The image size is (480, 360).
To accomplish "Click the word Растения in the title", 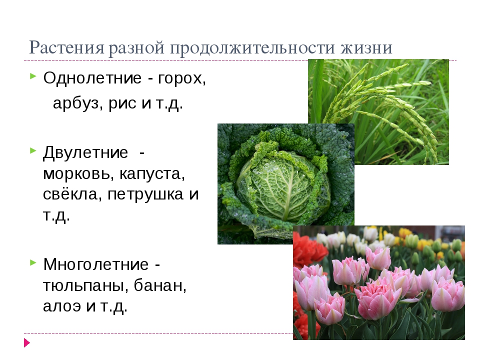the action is pyautogui.click(x=66, y=48).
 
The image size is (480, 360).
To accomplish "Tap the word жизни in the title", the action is pyautogui.click(x=366, y=48).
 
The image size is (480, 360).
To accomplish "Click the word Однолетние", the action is pyautogui.click(x=92, y=78).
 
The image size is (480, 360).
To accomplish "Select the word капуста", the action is pyautogui.click(x=152, y=174).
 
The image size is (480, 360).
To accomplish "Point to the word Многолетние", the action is pyautogui.click(x=96, y=264).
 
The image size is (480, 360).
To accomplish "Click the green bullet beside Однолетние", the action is pyautogui.click(x=33, y=76).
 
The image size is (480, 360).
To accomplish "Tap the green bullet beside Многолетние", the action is pyautogui.click(x=33, y=262).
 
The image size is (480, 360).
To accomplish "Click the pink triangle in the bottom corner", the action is pyautogui.click(x=27, y=342).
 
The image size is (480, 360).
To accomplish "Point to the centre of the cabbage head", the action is pyautogui.click(x=283, y=186).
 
